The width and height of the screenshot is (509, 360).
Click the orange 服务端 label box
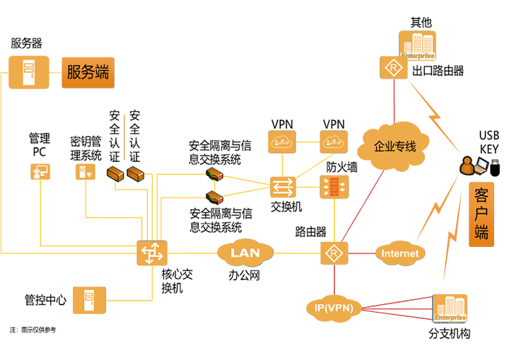point(88,73)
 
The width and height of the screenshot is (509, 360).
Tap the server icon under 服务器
point(29,72)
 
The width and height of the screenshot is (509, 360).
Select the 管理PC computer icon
point(40,172)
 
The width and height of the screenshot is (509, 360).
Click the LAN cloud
point(245,252)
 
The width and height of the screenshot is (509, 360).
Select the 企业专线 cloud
point(395,146)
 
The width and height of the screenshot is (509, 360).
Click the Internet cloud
point(399,252)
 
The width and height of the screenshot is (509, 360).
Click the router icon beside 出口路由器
point(391,70)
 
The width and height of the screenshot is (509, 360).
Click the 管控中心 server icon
point(89,300)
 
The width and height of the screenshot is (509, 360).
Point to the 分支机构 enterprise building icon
point(450,309)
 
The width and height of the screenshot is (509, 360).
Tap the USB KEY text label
point(489,141)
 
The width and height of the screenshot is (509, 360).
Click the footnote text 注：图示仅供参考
point(33,330)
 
